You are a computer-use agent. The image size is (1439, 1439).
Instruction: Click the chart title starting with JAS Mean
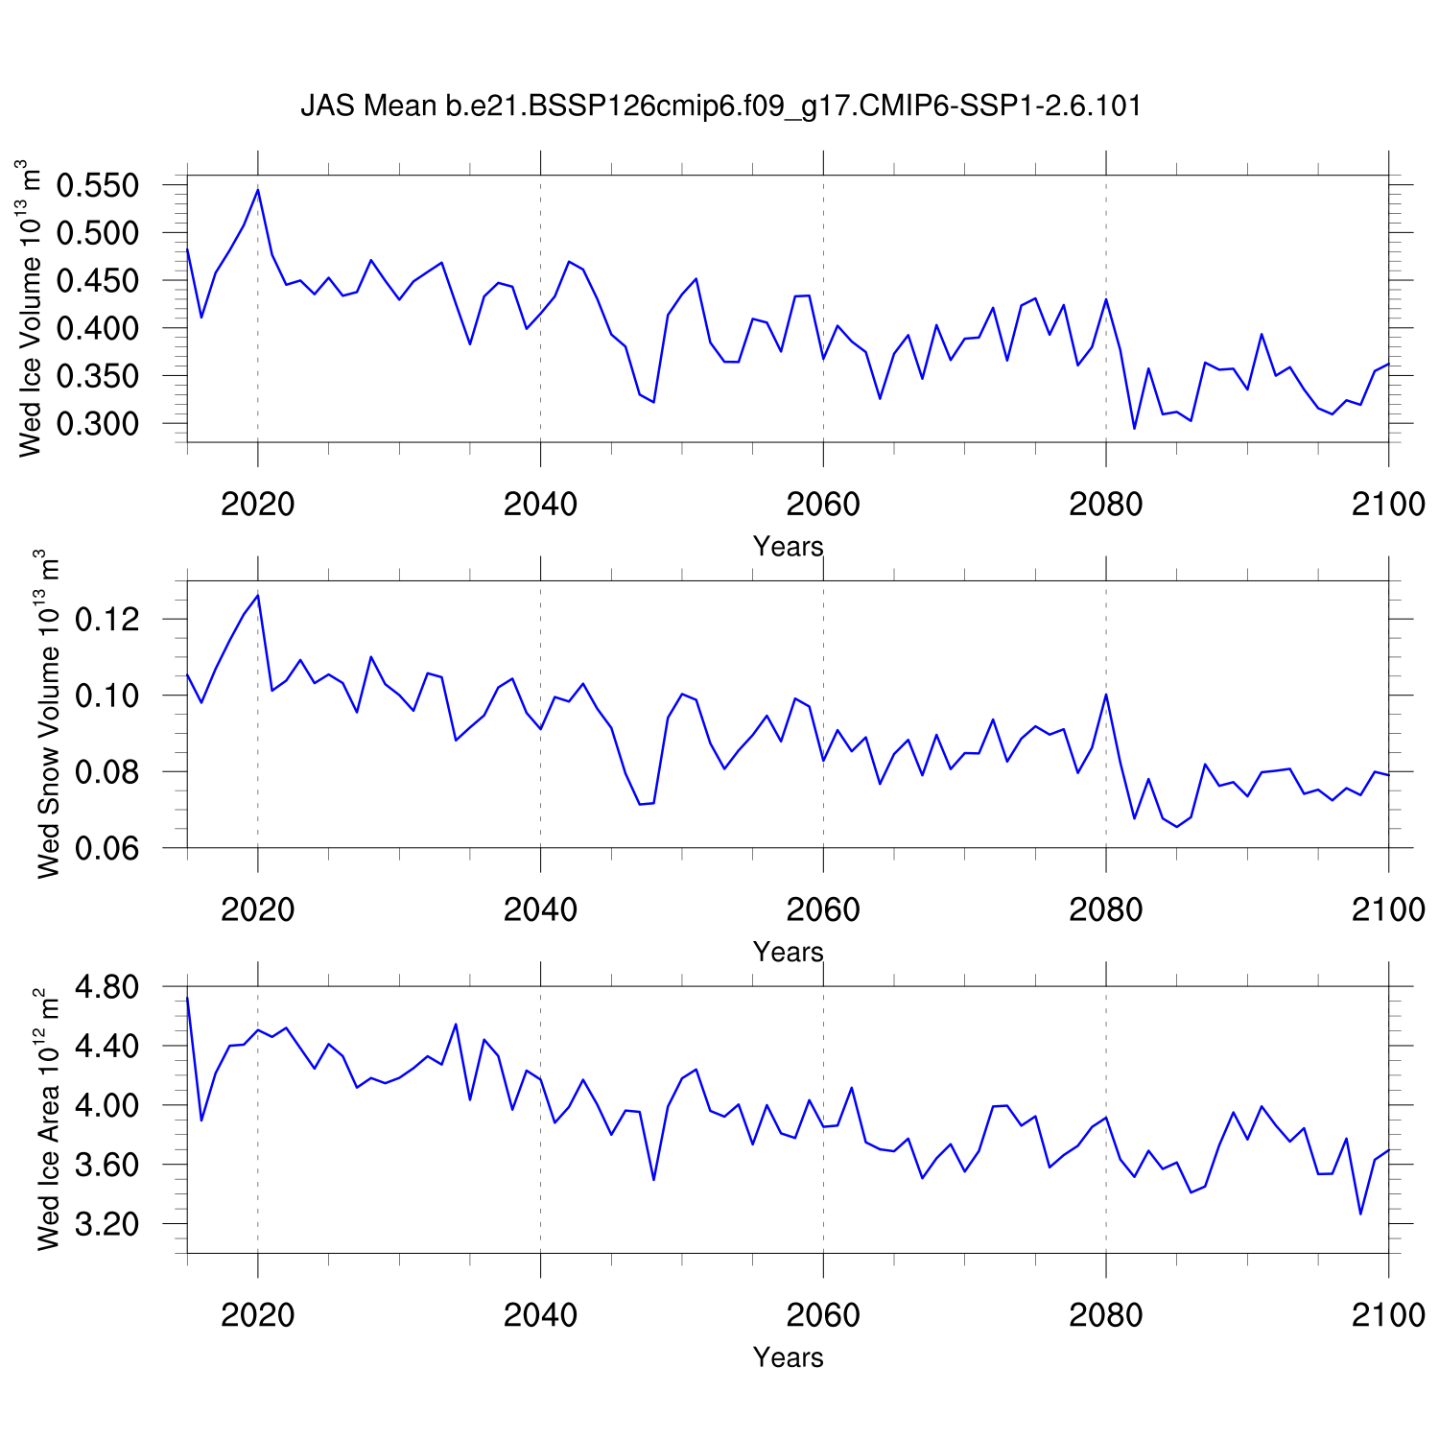(x=720, y=106)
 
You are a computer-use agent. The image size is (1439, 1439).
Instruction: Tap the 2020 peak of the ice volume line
(x=258, y=190)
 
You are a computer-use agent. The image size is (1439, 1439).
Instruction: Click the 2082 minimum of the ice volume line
(x=1134, y=428)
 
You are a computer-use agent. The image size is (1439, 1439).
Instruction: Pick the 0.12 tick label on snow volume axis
(x=107, y=620)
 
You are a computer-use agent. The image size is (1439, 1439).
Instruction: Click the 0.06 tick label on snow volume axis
(x=107, y=848)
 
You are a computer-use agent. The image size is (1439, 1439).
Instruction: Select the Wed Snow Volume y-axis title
(x=48, y=714)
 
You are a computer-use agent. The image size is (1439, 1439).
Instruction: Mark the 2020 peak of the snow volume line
(x=258, y=596)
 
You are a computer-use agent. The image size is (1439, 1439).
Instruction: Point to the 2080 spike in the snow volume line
(x=1106, y=695)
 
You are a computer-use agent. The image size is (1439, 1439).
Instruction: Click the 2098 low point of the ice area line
(x=1360, y=1214)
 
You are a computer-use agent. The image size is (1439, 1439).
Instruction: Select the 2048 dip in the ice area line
(x=653, y=1179)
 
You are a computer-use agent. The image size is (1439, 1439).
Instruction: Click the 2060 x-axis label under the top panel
(x=823, y=504)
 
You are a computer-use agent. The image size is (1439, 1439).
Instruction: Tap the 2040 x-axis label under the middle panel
(x=540, y=909)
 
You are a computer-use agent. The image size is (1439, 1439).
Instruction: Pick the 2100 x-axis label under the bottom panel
(x=1387, y=1314)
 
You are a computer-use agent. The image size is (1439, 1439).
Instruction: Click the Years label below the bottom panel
(x=788, y=1357)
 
